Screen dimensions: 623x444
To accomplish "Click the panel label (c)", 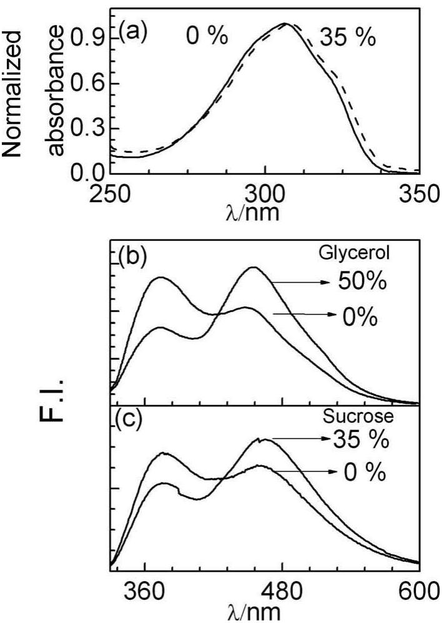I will [x=131, y=419].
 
